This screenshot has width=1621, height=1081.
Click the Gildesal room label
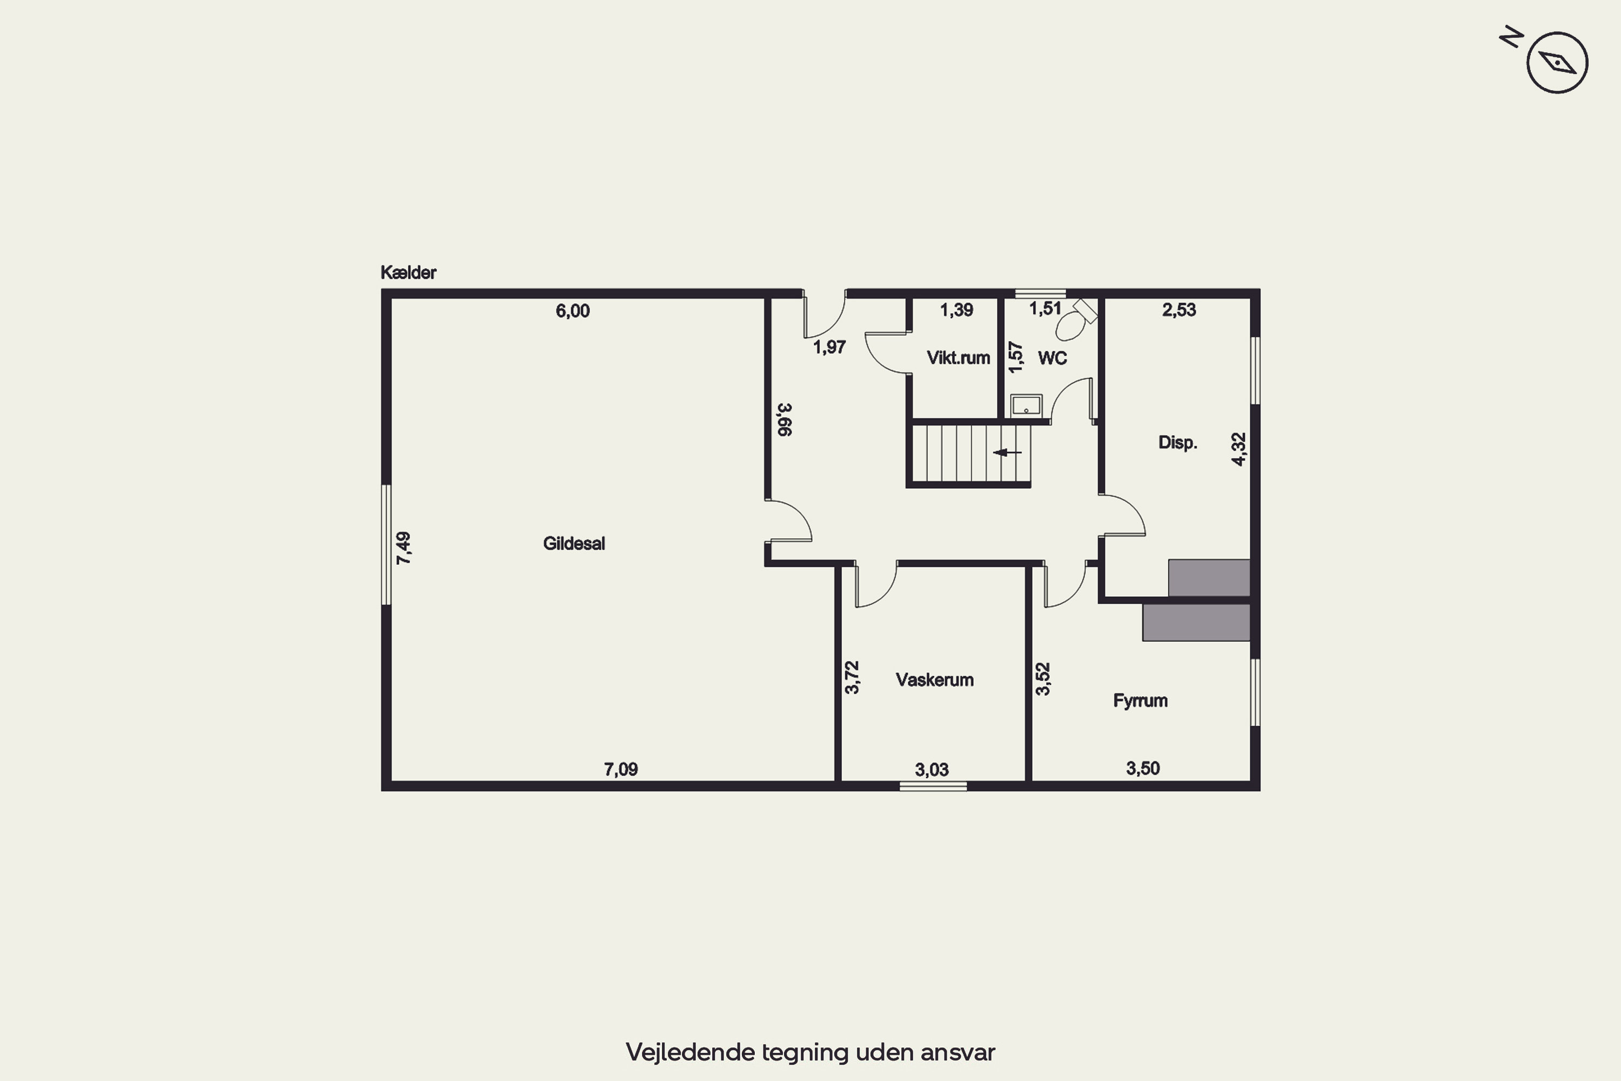tap(573, 543)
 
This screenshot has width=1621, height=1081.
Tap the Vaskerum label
tap(935, 680)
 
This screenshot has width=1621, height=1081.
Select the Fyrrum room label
tap(1140, 701)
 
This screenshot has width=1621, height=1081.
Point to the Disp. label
tap(1177, 443)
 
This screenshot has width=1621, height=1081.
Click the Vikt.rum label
tap(958, 358)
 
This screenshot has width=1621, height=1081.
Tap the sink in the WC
tap(1026, 405)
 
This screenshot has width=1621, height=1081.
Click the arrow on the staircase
tap(1007, 452)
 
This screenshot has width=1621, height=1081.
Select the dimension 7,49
tap(403, 548)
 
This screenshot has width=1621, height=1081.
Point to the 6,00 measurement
tap(573, 311)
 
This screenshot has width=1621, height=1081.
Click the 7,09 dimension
tap(621, 769)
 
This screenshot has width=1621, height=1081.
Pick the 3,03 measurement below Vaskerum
tap(932, 769)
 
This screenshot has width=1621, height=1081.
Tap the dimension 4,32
tap(1238, 450)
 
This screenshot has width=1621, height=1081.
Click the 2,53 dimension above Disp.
tap(1179, 310)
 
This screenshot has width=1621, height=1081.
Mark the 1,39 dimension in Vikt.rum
tap(956, 310)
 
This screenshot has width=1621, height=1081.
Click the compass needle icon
tap(1558, 63)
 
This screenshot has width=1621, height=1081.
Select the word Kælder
tap(408, 272)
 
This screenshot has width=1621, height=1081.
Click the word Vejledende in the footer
tap(691, 1052)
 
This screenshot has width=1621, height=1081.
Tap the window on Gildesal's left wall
tap(387, 545)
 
